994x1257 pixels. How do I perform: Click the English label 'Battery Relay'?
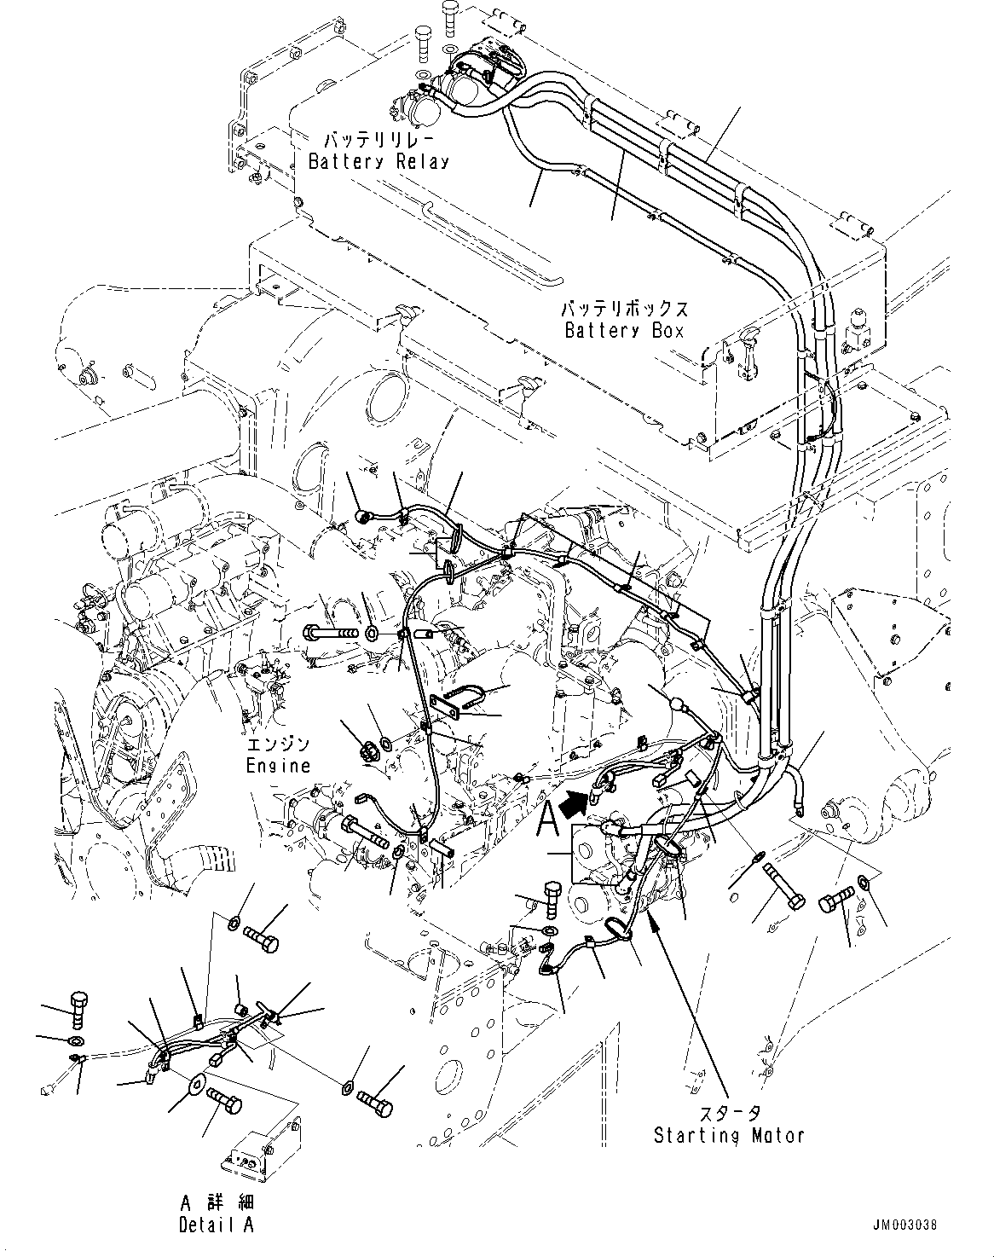click(379, 161)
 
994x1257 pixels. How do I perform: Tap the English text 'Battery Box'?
click(625, 330)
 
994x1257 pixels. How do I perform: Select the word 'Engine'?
click(279, 766)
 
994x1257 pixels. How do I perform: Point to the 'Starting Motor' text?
click(729, 1135)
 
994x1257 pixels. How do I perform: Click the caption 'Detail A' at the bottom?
click(217, 1225)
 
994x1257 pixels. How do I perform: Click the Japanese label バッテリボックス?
click(625, 309)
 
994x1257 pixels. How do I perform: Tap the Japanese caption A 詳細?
click(217, 1203)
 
